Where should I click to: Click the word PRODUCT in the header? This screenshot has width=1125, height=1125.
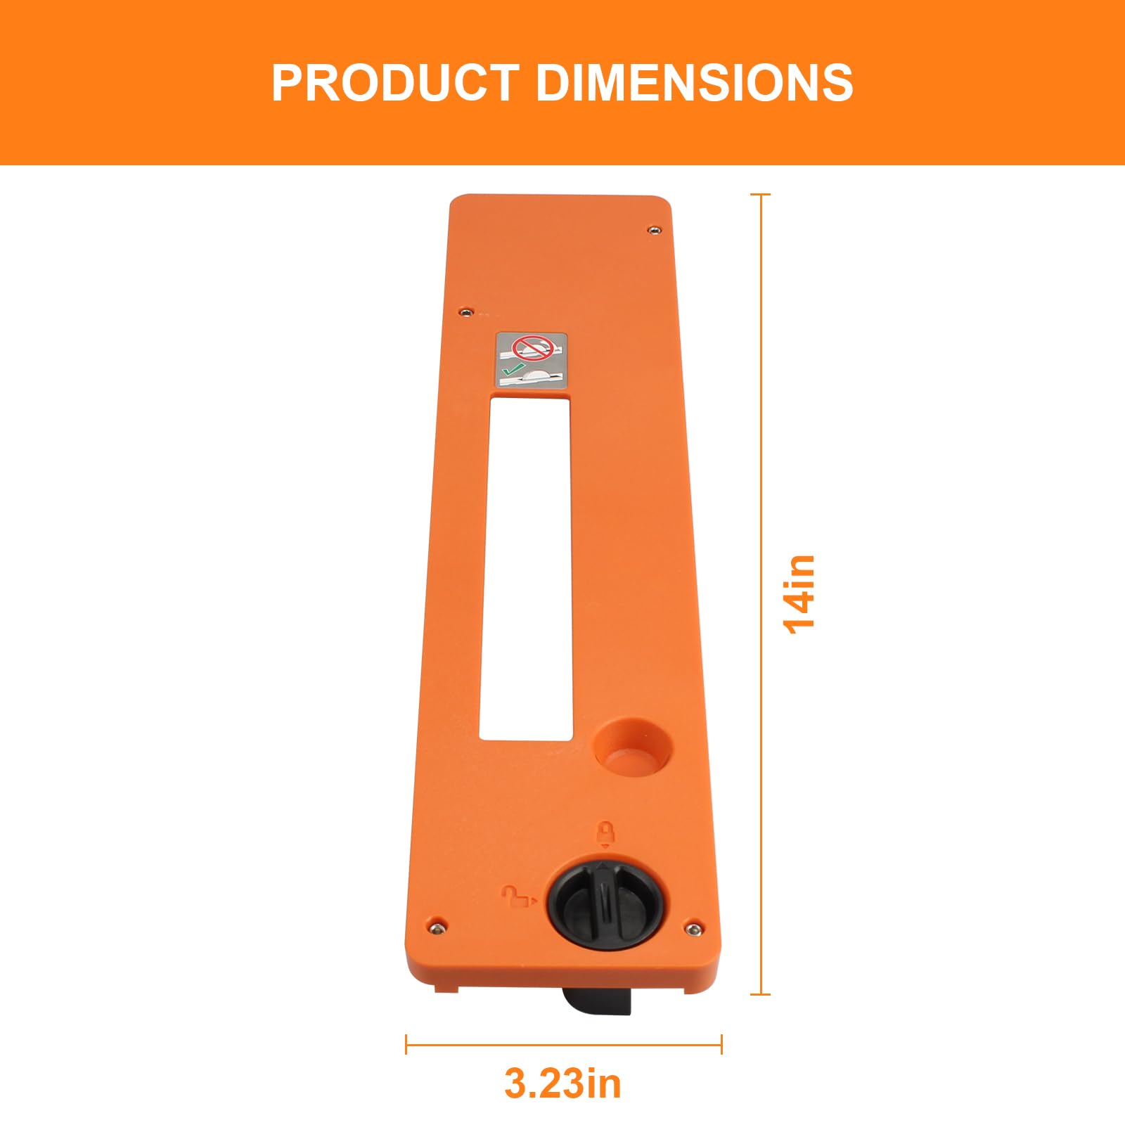pyautogui.click(x=395, y=83)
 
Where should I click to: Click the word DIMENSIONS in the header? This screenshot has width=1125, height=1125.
pyautogui.click(x=695, y=83)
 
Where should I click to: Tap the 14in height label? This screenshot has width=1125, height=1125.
pyautogui.click(x=799, y=594)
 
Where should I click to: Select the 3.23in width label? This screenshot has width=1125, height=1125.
pyautogui.click(x=562, y=1083)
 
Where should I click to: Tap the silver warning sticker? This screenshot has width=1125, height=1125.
pyautogui.click(x=532, y=359)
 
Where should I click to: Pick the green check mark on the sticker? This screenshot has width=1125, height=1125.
pyautogui.click(x=513, y=368)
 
